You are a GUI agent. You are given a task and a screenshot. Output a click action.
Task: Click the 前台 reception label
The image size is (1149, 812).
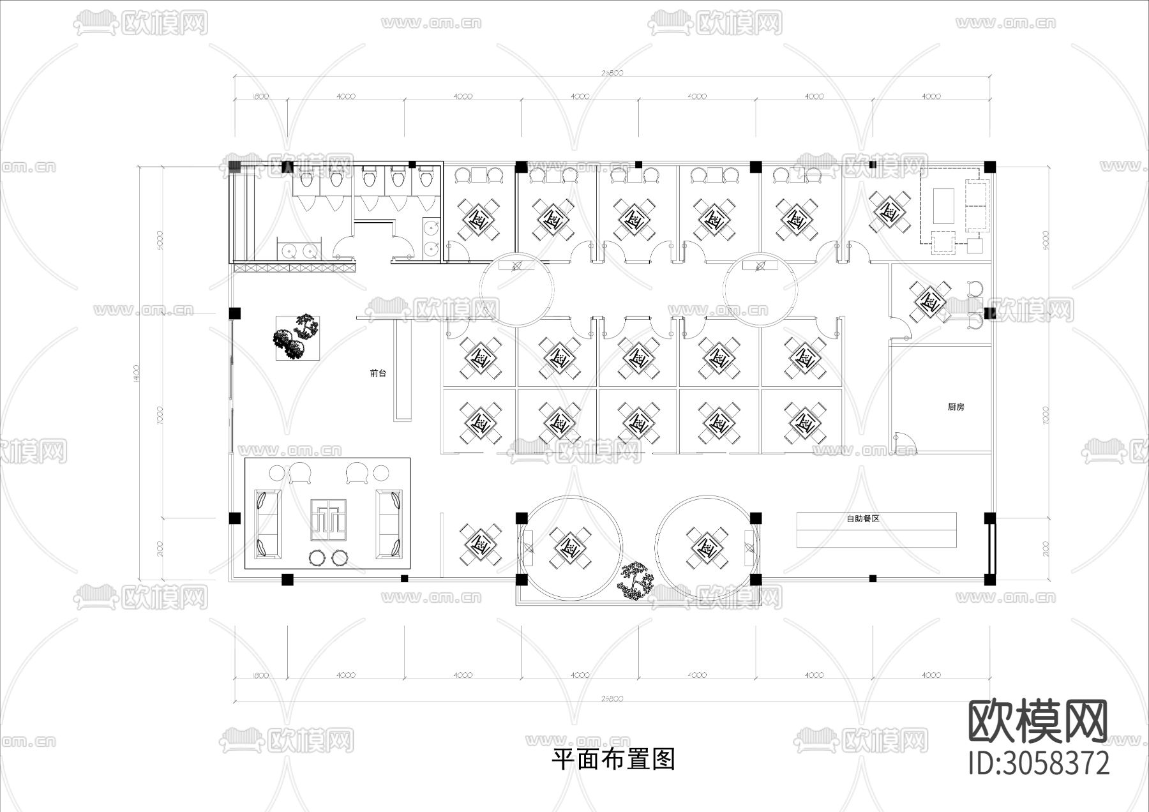(x=378, y=373)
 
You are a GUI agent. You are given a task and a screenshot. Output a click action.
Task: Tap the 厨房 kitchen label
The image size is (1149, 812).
(x=956, y=407)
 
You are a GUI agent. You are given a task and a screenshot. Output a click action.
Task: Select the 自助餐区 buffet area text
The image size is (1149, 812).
(x=863, y=518)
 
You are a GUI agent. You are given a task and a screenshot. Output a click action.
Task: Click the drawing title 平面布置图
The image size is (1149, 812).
(x=613, y=760)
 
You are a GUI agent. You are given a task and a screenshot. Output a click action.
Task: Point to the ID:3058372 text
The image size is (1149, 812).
(x=1039, y=763)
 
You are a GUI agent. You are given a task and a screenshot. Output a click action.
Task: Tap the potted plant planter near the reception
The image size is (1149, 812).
(x=297, y=338)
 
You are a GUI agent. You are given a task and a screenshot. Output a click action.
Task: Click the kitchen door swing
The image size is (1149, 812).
(x=905, y=442)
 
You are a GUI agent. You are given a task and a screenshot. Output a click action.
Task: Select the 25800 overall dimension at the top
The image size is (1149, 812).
(x=612, y=73)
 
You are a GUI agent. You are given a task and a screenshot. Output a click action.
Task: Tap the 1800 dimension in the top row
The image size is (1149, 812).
(x=260, y=96)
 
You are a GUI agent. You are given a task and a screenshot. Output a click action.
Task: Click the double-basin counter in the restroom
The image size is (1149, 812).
(x=297, y=249)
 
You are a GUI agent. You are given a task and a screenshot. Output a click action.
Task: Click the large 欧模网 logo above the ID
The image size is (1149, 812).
(x=1039, y=721)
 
